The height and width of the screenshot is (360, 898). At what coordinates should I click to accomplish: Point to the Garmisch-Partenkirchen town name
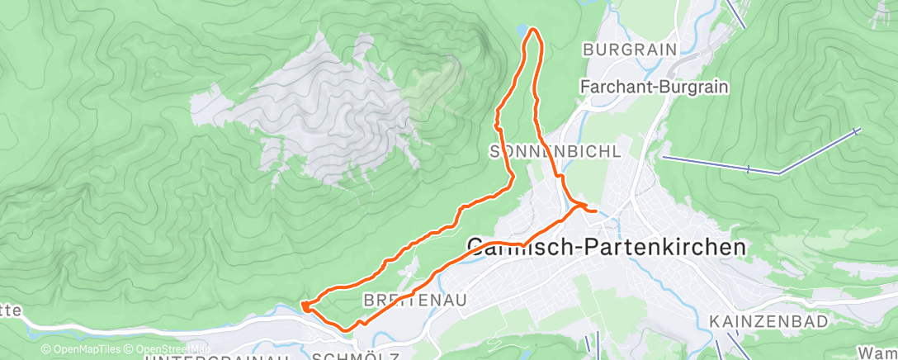pyautogui.click(x=607, y=246)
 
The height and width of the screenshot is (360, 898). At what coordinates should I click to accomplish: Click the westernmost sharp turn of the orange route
pyautogui.click(x=304, y=306)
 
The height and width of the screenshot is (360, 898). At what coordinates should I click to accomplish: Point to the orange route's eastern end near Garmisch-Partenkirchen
pyautogui.click(x=595, y=211)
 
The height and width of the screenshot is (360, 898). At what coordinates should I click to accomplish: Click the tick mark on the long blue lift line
pyautogui.click(x=748, y=169)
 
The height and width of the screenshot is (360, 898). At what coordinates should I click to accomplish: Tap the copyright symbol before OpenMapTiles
pyautogui.click(x=46, y=349)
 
